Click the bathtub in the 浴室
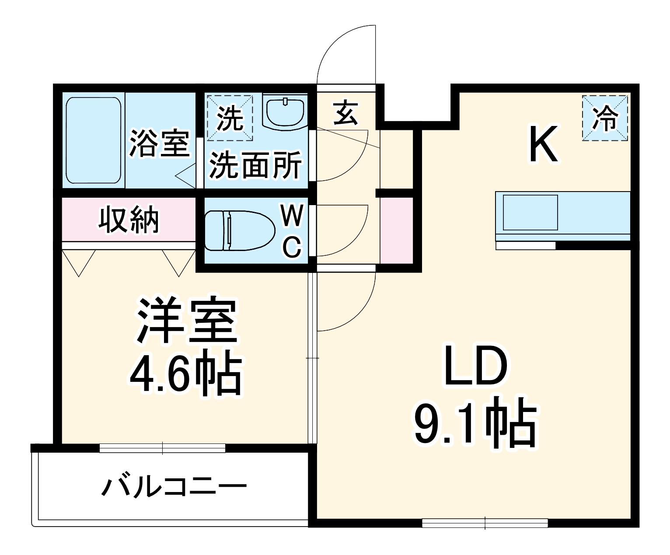click(93, 141)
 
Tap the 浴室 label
click(159, 143)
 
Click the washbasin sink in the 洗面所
click(285, 112)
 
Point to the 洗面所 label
click(255, 165)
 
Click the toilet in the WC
click(238, 230)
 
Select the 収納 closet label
click(129, 220)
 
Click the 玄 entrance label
click(346, 113)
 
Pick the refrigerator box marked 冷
click(605, 118)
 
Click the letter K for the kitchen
click(543, 144)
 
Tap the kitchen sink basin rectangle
click(530, 213)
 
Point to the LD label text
click(475, 367)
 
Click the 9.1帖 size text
click(475, 422)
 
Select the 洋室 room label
click(187, 321)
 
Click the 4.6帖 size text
click(185, 375)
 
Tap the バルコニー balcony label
click(174, 486)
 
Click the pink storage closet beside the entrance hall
click(397, 230)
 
